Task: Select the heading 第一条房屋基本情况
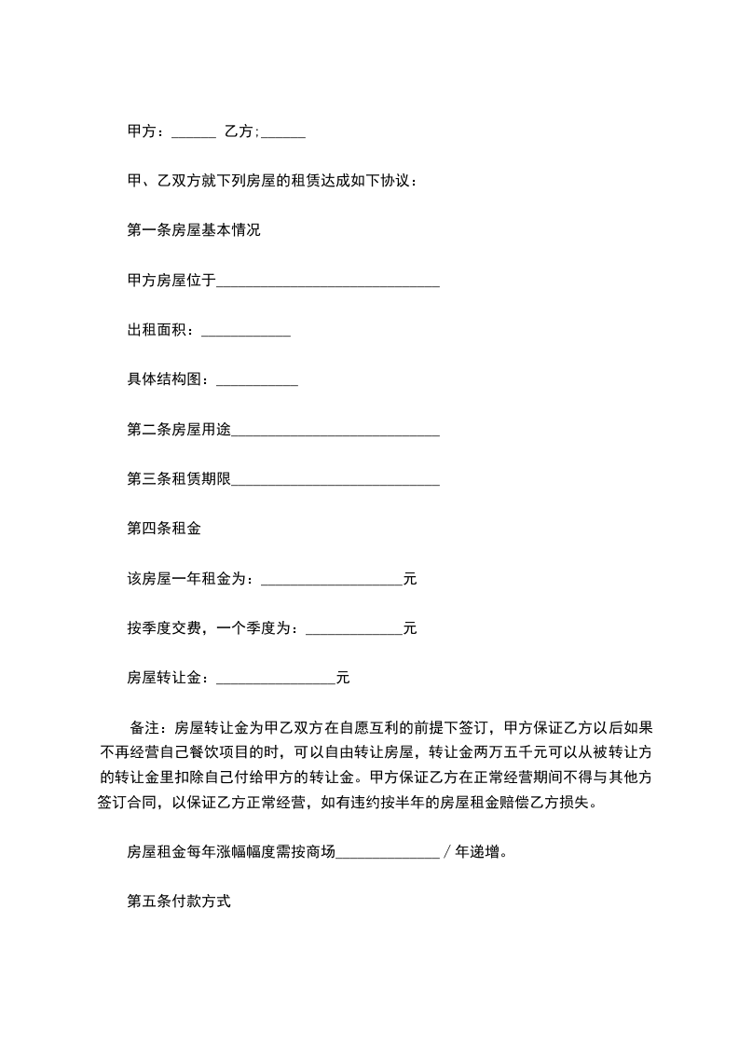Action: pos(193,230)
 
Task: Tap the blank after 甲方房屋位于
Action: pos(327,282)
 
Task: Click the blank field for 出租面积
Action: pos(246,331)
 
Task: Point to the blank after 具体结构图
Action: pos(256,380)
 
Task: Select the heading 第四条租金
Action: pos(163,530)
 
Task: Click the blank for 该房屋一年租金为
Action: pos(331,580)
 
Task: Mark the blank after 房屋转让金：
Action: pos(275,679)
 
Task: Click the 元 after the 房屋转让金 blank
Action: pos(342,679)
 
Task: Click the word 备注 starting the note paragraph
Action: pos(147,728)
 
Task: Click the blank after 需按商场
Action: pos(387,852)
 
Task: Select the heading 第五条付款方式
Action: pos(178,902)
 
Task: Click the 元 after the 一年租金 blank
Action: pos(410,580)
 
